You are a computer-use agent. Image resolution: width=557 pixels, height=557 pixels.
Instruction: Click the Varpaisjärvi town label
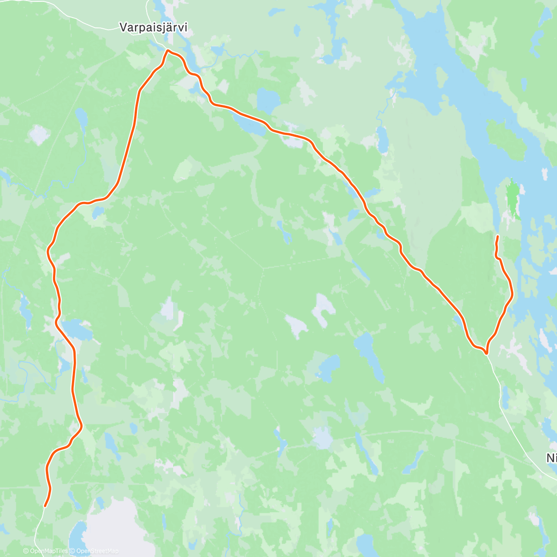154,28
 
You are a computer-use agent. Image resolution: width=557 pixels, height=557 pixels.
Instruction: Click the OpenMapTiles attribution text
48,551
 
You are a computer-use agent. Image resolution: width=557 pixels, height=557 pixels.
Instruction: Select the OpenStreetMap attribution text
97,551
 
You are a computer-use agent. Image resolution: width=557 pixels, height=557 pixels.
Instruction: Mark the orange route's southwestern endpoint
45,506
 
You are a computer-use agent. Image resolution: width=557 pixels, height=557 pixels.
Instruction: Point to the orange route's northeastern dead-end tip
498,237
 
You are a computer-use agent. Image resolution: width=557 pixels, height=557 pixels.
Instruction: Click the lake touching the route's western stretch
76,329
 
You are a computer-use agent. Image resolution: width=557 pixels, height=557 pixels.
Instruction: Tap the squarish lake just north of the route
267,98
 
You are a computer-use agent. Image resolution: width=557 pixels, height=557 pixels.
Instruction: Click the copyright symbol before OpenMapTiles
26,551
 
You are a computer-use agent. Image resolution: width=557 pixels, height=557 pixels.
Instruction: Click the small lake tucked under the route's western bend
97,213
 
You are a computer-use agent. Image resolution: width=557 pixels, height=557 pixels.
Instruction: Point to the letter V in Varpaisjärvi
123,28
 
